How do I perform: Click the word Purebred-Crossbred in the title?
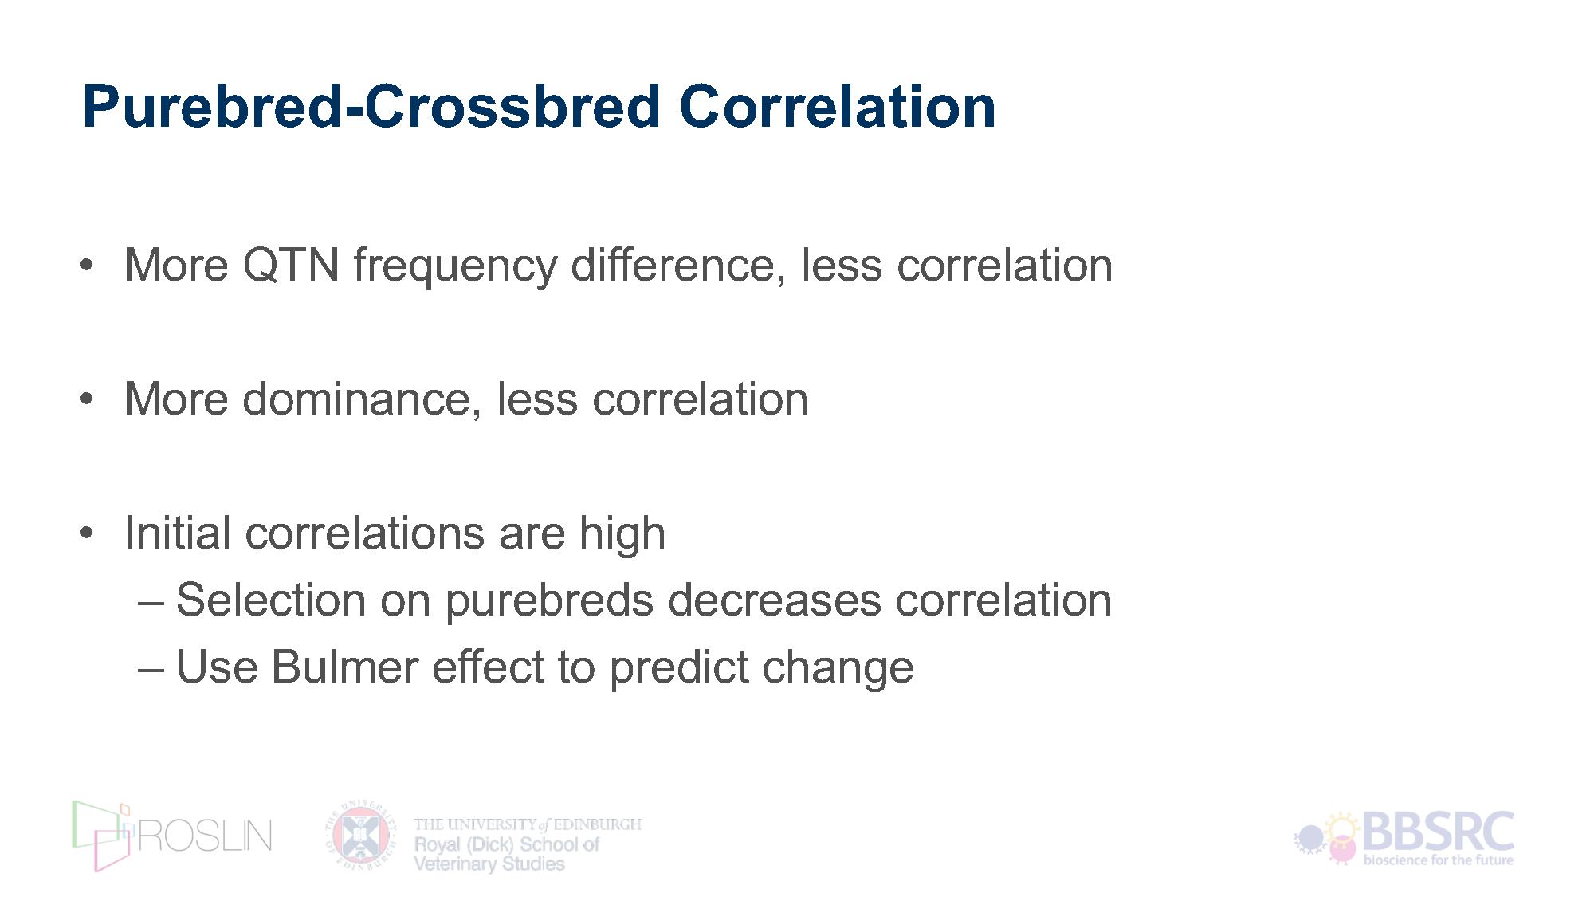click(371, 106)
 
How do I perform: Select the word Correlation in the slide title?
click(838, 106)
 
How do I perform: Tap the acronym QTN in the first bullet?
click(291, 265)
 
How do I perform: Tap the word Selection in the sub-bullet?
click(270, 600)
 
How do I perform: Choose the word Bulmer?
click(344, 667)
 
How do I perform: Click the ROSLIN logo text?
click(206, 836)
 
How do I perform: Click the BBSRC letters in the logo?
click(1439, 832)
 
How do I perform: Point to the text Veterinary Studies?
click(489, 864)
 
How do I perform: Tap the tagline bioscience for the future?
click(1439, 860)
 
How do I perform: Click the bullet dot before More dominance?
click(87, 399)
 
